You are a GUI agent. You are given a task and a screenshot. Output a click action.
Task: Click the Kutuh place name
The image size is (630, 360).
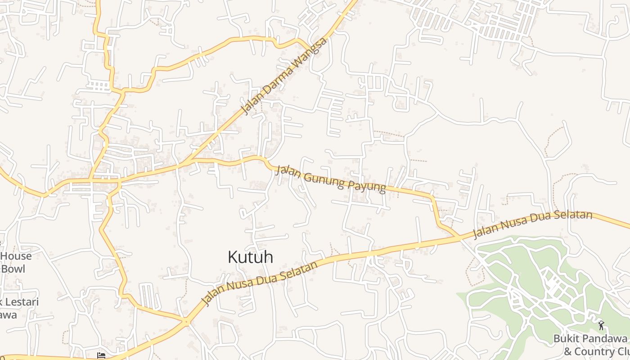tap(250, 257)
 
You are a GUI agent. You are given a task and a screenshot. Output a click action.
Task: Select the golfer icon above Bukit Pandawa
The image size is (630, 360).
tap(601, 324)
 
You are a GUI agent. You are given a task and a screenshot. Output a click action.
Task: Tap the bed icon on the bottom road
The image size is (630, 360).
tap(102, 355)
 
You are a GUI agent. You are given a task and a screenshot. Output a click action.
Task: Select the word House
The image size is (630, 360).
tap(17, 256)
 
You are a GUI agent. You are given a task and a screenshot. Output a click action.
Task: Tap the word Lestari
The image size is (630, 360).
tap(20, 301)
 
